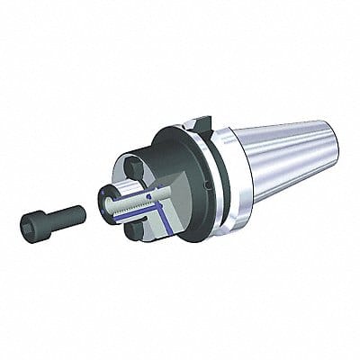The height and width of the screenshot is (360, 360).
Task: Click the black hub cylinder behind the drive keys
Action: [153, 166]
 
